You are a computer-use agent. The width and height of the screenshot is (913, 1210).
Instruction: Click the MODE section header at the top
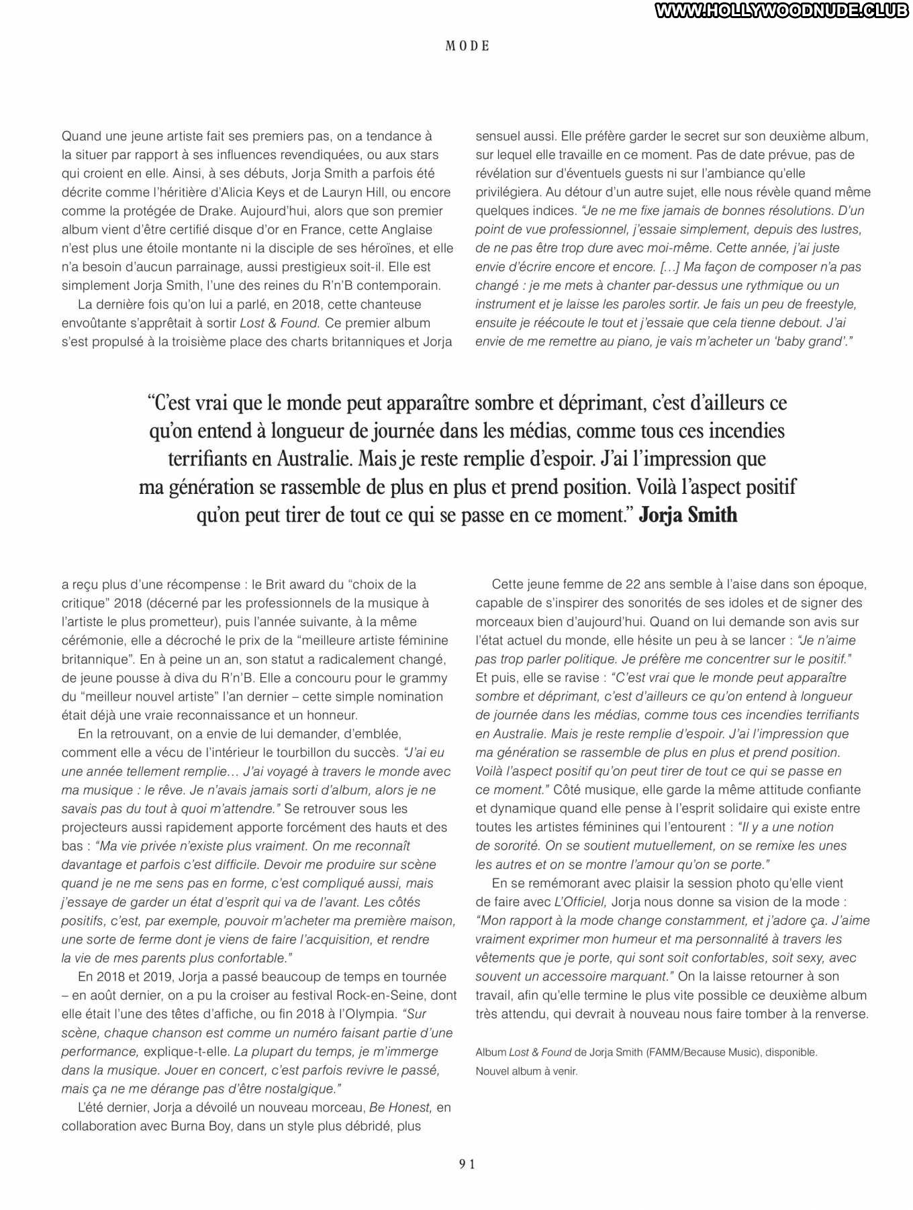point(468,46)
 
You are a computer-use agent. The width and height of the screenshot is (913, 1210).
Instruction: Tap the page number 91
point(467,1164)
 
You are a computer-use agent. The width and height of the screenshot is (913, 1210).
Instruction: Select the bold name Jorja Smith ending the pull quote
point(687,515)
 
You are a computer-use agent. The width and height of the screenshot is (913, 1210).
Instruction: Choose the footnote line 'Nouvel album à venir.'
point(526,1071)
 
